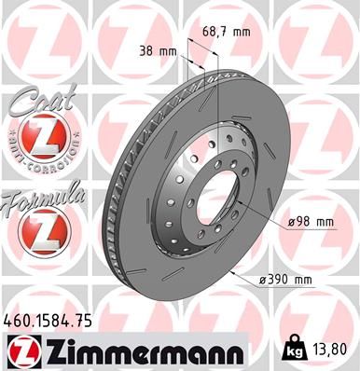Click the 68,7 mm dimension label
tap(227, 31)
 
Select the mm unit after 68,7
tap(242, 31)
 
